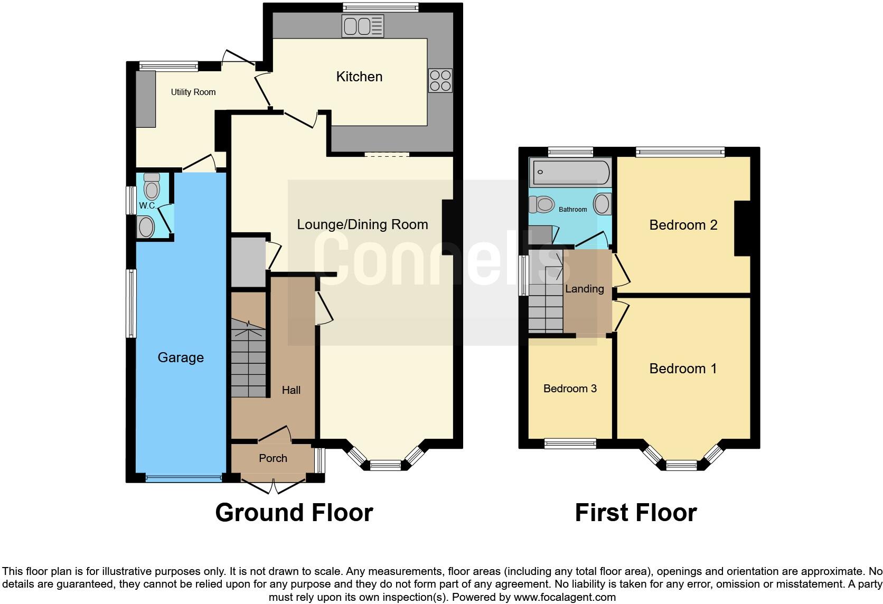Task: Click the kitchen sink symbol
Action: point(362,26)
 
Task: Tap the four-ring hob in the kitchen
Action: point(440,81)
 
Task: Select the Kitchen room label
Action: point(359,77)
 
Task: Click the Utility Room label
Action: point(193,92)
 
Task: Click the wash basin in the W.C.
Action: point(146,227)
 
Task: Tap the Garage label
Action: point(181,357)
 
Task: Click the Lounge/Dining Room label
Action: point(362,224)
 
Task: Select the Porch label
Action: point(273,458)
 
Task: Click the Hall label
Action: point(291,390)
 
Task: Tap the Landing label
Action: point(584,289)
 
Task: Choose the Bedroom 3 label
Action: point(570,389)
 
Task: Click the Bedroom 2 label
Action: point(683,225)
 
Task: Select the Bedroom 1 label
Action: point(683,369)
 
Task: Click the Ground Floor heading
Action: point(294,513)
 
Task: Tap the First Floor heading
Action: point(635,513)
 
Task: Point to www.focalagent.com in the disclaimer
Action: point(565,597)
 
